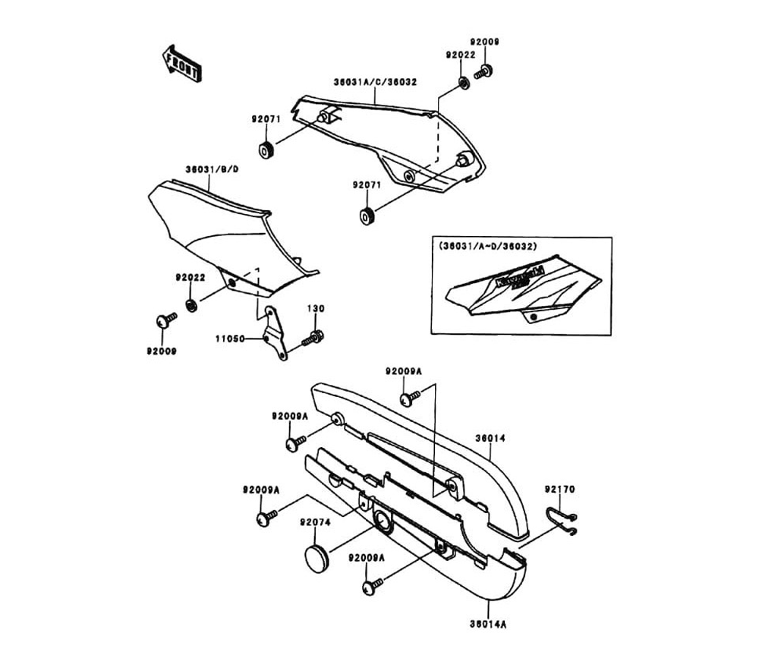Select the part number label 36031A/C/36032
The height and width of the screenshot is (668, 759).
pyautogui.click(x=374, y=80)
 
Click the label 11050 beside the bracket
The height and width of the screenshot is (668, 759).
pyautogui.click(x=229, y=339)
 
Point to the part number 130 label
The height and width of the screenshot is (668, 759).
pyautogui.click(x=315, y=309)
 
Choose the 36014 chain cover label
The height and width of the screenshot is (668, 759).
pyautogui.click(x=490, y=438)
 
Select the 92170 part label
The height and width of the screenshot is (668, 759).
pyautogui.click(x=561, y=490)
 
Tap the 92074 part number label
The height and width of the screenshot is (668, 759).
pyautogui.click(x=314, y=522)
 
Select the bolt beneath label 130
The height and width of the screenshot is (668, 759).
pyautogui.click(x=313, y=337)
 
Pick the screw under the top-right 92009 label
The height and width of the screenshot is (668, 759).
pyautogui.click(x=483, y=73)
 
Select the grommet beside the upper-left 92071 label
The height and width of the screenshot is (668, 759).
pyautogui.click(x=266, y=150)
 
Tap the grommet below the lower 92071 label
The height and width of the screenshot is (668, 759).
pyautogui.click(x=367, y=216)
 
